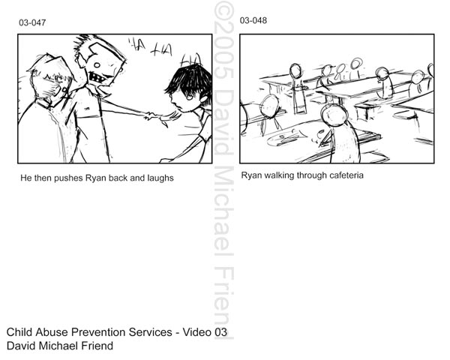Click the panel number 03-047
[32, 22]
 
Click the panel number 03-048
[253, 20]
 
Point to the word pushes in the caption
[68, 178]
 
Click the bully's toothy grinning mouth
[97, 77]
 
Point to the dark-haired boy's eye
[189, 97]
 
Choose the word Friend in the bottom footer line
[97, 346]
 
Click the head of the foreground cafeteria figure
[334, 114]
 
